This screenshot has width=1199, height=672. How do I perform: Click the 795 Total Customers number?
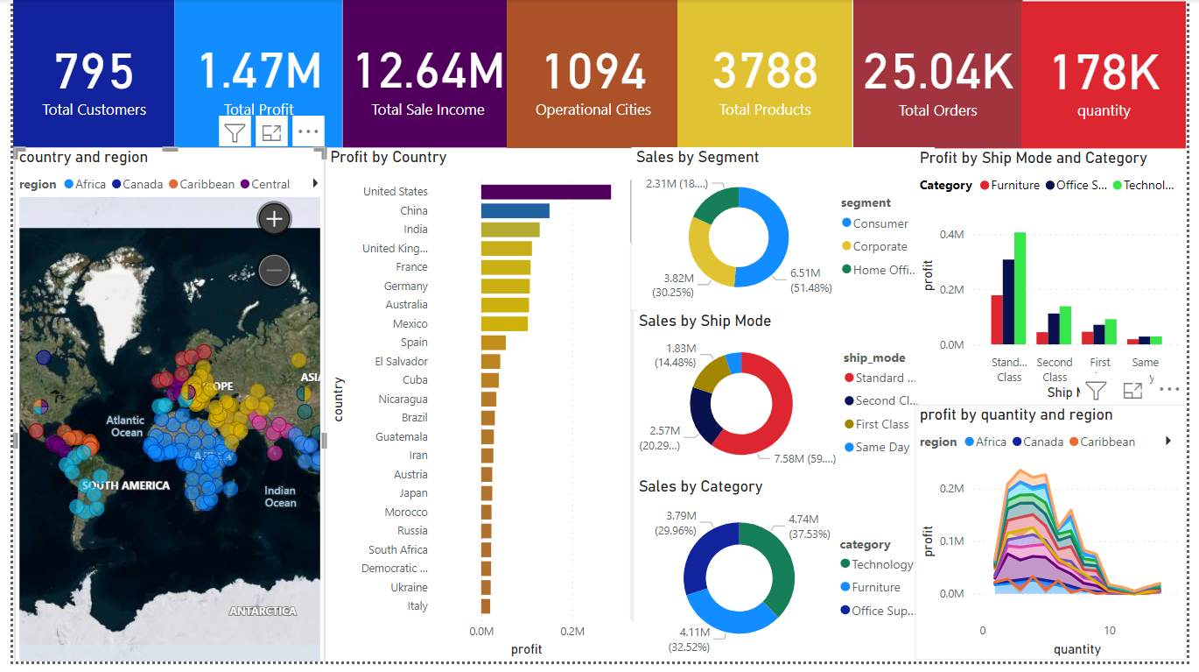[94, 72]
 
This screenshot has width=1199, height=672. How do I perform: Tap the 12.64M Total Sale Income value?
[428, 72]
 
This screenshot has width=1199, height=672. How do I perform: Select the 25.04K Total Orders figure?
[937, 72]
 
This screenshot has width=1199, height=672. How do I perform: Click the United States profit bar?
[545, 192]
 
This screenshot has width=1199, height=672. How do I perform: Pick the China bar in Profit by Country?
[515, 211]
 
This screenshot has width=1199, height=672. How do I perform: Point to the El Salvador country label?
[401, 361]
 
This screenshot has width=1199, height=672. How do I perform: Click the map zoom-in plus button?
[274, 219]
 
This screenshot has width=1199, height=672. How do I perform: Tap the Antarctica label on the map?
[263, 612]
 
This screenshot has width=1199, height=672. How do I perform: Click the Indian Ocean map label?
[280, 497]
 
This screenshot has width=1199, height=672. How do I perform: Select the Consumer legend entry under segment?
[880, 224]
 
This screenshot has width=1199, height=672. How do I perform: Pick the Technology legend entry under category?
[881, 565]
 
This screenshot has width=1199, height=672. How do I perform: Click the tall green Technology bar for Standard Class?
[1020, 289]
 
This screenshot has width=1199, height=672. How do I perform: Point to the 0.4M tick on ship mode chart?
[952, 235]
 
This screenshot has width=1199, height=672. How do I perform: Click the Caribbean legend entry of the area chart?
[1106, 442]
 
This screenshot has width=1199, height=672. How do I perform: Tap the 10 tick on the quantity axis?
[1110, 630]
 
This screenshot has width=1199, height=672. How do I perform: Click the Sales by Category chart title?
[700, 486]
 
